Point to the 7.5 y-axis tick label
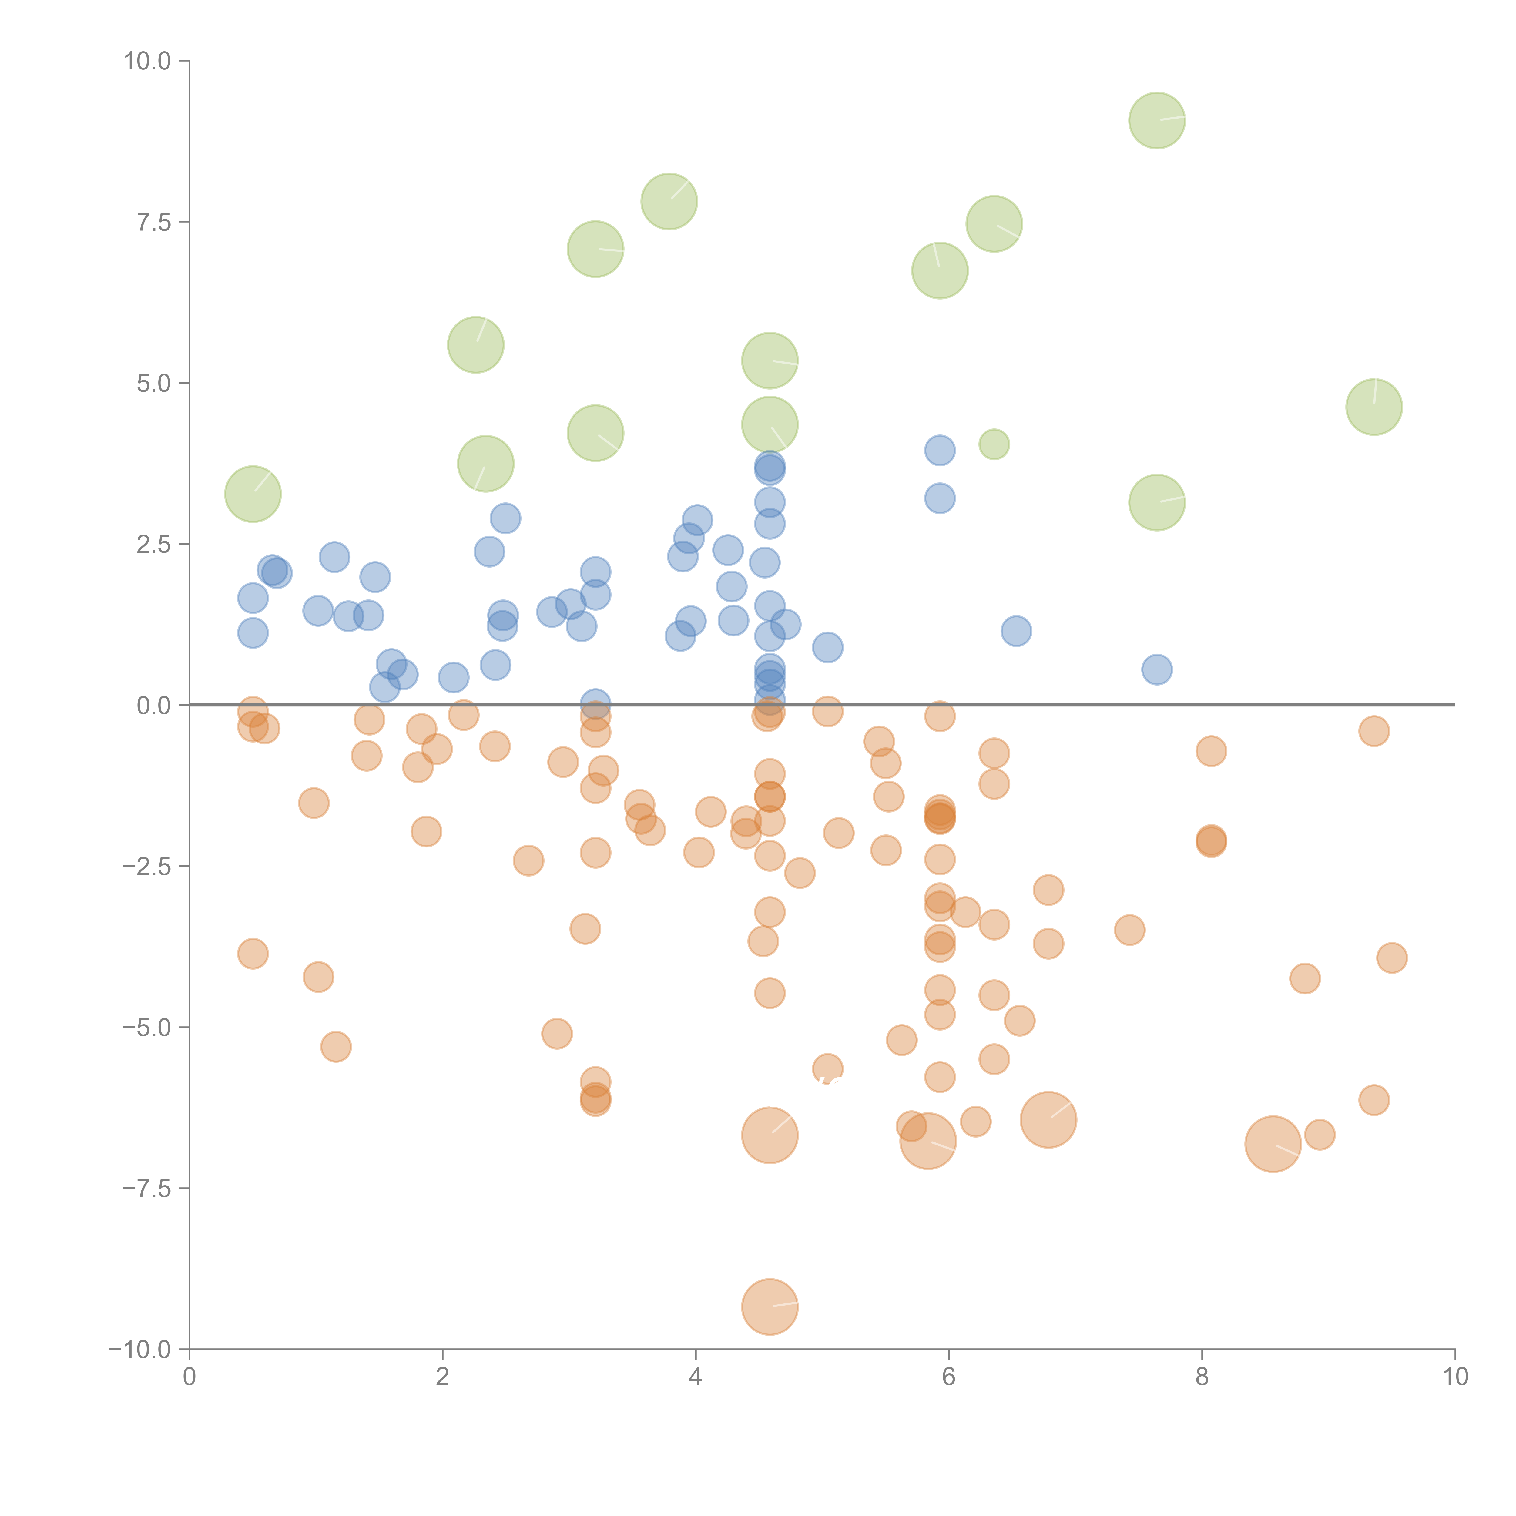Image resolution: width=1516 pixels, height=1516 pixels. (x=154, y=222)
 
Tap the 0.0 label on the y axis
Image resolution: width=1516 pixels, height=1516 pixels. (x=154, y=706)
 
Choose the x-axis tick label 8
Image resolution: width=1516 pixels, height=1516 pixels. (x=1202, y=1377)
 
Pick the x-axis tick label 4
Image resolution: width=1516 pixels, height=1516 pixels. (x=696, y=1377)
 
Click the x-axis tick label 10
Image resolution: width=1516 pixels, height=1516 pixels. (x=1455, y=1377)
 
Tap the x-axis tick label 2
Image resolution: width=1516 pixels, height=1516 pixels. (x=443, y=1377)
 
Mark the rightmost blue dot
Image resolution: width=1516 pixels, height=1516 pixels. (x=1157, y=669)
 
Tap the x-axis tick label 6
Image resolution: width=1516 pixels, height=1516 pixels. (x=949, y=1377)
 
